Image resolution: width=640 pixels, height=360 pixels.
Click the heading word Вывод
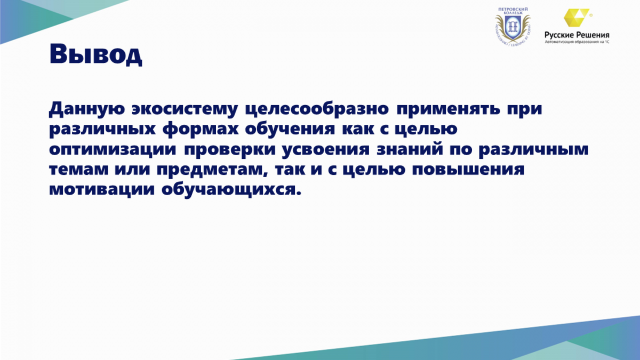[x=95, y=54]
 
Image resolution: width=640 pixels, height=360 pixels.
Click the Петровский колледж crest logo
[x=513, y=27]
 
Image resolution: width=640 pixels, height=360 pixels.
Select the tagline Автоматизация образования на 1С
[x=577, y=42]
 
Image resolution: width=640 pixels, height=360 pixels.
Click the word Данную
[x=87, y=109]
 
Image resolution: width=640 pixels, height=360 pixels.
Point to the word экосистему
[x=185, y=110]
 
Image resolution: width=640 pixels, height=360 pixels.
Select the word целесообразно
[x=317, y=109]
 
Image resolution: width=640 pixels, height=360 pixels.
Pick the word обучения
[x=290, y=129]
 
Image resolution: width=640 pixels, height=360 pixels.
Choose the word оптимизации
[x=113, y=150]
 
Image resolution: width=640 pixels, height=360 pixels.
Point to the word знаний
[x=409, y=149]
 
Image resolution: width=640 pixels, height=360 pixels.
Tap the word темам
[x=78, y=170]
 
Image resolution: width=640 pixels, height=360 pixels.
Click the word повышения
[x=468, y=170]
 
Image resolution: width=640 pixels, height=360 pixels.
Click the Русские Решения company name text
[x=577, y=35]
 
